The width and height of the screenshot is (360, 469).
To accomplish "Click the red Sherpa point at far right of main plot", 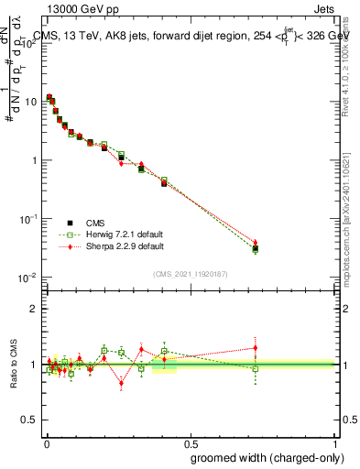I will (x=256, y=243).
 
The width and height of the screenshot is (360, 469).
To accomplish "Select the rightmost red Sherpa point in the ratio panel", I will (x=256, y=348).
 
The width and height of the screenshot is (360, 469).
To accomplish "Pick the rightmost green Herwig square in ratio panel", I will (x=256, y=369).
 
